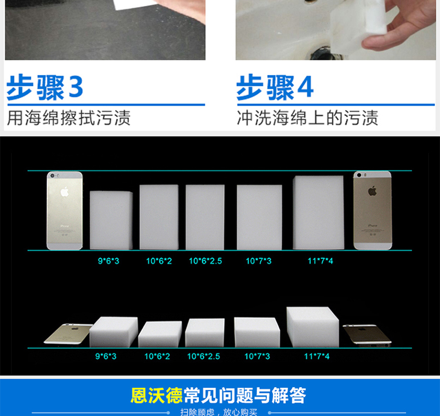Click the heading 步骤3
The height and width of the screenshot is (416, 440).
click(x=45, y=87)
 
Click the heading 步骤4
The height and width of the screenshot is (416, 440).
click(x=275, y=87)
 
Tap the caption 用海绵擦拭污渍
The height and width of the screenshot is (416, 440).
click(x=69, y=117)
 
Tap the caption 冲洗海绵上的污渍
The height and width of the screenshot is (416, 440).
click(x=307, y=117)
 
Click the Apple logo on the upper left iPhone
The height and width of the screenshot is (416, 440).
click(x=65, y=192)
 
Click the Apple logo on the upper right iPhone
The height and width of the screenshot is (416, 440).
click(x=372, y=191)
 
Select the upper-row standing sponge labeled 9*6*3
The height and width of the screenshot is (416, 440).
click(x=111, y=220)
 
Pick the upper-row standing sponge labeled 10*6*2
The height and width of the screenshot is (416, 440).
click(x=159, y=217)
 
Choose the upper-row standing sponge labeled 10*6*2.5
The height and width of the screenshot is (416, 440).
click(x=205, y=217)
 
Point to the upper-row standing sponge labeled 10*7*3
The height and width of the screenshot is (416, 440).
click(x=259, y=217)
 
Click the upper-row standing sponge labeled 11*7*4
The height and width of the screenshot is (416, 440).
click(x=318, y=212)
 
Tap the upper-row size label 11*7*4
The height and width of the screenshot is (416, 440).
click(x=320, y=261)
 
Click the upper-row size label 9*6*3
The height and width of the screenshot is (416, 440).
click(x=109, y=261)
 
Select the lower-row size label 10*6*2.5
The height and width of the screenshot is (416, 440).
click(x=205, y=356)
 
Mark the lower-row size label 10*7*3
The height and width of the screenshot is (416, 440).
click(x=258, y=356)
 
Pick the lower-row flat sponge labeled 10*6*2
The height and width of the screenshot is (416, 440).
click(x=160, y=333)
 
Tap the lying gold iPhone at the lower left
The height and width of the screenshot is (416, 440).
click(x=67, y=333)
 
